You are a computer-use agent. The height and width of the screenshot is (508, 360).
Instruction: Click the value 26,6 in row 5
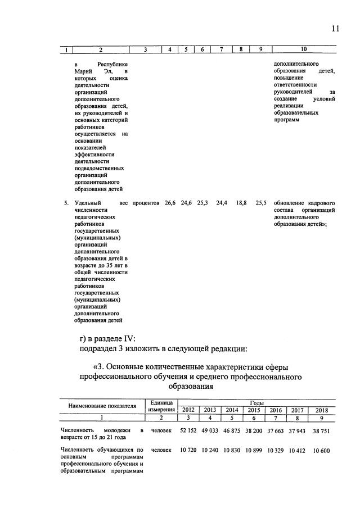click(170, 202)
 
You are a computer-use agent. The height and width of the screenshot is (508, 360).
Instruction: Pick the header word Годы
click(256, 402)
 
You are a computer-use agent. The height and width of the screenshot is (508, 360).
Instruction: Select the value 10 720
click(190, 451)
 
